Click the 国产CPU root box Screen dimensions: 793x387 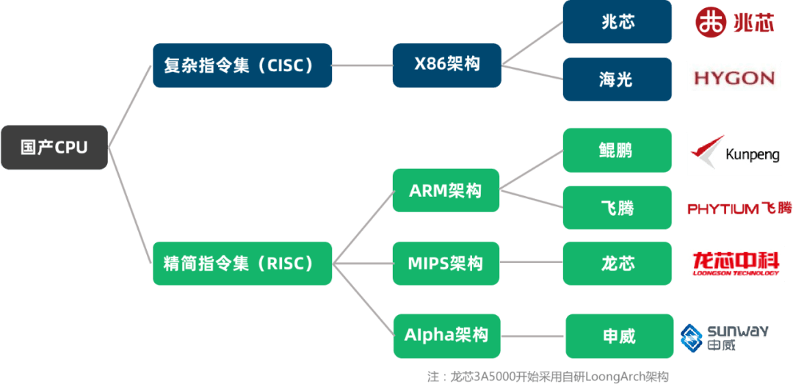[54, 147]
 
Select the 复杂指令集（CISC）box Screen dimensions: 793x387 [242, 65]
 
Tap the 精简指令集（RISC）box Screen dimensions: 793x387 [242, 263]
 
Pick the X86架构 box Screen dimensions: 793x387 [447, 65]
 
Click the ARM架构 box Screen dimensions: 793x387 [446, 190]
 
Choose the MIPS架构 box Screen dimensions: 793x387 [446, 263]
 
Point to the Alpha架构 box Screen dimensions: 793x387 [447, 336]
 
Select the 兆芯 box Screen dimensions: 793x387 [618, 22]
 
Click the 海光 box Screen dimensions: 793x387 [618, 79]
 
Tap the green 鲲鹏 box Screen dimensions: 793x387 [618, 151]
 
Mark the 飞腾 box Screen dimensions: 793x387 [618, 207]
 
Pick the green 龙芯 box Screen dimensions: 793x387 [618, 263]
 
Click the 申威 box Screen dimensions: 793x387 [620, 336]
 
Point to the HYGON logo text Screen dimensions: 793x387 [734, 78]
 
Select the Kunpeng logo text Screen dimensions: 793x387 [753, 155]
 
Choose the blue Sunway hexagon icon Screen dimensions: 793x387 [692, 338]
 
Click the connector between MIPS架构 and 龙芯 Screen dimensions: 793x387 [531, 263]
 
